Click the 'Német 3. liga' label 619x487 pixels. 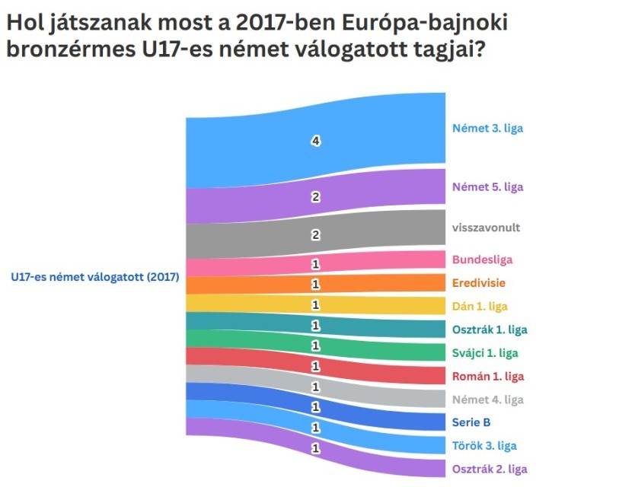pos(487,128)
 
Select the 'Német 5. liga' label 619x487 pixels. pos(487,186)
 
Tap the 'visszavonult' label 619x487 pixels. pos(486,227)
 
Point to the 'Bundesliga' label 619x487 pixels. pos(483,259)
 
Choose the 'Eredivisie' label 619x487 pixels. pos(479,283)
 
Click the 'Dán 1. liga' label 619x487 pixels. pos(480,306)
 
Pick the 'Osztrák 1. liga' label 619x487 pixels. pos(490,329)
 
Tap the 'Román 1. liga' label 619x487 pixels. pos(488,376)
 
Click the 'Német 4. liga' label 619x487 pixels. pos(488,399)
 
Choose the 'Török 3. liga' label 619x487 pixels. pos(485,445)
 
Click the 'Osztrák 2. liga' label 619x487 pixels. pos(490,469)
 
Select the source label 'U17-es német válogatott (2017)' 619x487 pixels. pos(94,278)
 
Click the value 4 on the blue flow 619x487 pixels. pos(315,141)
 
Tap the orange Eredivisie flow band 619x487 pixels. pos(315,284)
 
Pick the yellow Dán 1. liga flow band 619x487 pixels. pos(315,304)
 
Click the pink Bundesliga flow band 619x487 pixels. pos(315,263)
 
